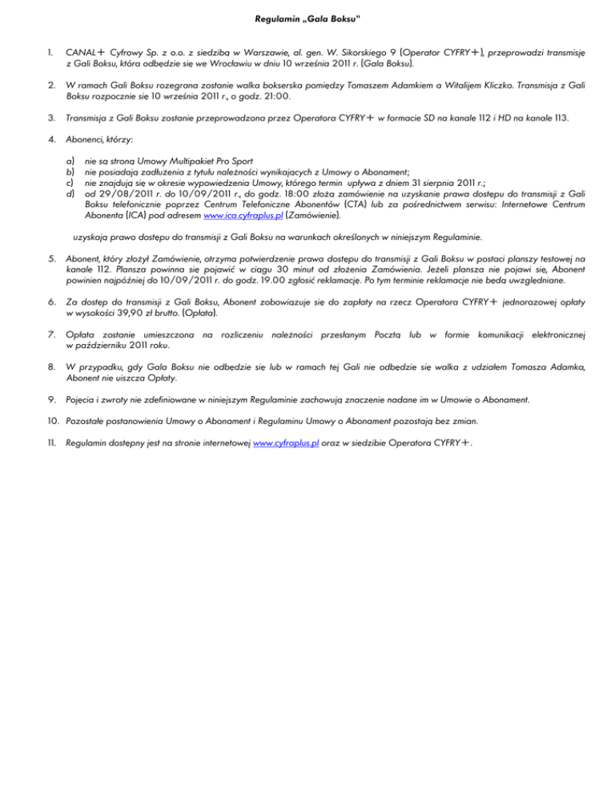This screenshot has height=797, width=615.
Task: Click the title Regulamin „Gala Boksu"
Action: coord(307,17)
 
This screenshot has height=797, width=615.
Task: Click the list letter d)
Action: coord(70,194)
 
